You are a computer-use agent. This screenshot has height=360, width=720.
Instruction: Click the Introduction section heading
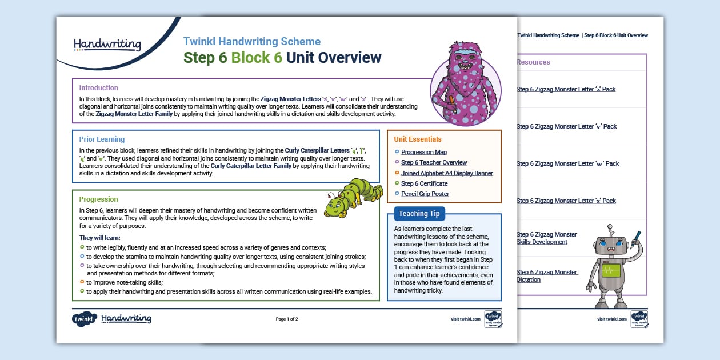point(98,88)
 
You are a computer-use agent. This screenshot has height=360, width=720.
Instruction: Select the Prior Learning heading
point(102,139)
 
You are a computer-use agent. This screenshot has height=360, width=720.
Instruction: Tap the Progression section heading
point(98,199)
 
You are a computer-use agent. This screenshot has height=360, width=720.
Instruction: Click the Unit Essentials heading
point(417,139)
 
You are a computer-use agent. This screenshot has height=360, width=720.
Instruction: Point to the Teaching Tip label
point(419,214)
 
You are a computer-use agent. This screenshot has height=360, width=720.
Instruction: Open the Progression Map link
point(423,153)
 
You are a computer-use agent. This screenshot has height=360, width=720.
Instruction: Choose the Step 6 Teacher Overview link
point(434,163)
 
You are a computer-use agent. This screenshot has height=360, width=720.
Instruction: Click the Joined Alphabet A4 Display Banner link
point(446,173)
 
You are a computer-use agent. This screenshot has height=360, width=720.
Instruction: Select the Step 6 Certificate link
point(424,183)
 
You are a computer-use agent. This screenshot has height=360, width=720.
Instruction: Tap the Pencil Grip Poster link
point(425,194)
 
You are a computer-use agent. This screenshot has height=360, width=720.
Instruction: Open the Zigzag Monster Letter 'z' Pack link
point(566,89)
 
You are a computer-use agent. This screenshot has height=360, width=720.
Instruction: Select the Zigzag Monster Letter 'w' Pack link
point(567,163)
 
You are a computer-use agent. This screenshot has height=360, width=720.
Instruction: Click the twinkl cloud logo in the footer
point(84,319)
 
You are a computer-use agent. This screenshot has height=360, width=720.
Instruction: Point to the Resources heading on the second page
point(533,62)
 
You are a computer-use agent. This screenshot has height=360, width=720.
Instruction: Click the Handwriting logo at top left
point(107,44)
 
